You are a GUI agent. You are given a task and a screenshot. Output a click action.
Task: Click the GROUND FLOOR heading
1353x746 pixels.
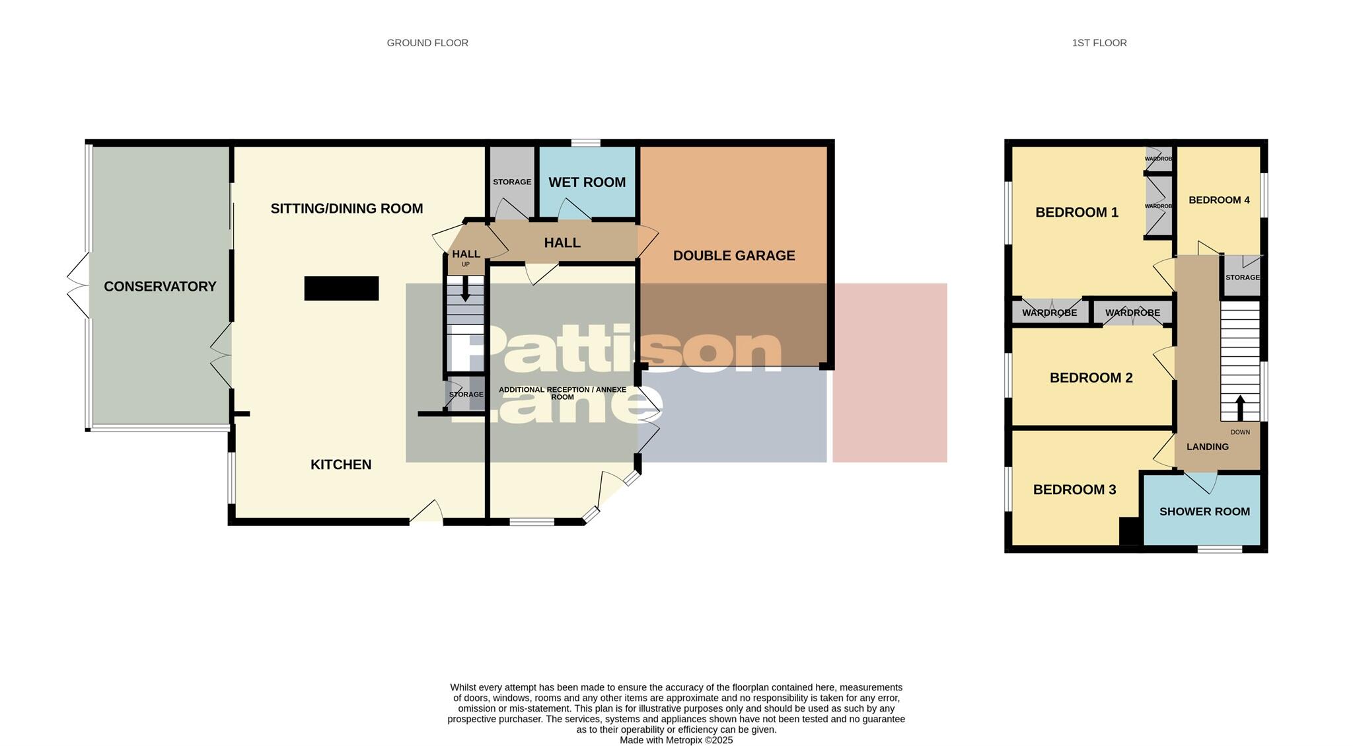[x=427, y=43]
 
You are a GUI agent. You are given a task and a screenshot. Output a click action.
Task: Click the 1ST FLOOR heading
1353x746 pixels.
[x=1099, y=43]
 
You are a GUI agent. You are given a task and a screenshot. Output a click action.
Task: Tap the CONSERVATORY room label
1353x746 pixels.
[x=160, y=286]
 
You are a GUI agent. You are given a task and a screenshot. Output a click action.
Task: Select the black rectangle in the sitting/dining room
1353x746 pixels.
[x=341, y=288]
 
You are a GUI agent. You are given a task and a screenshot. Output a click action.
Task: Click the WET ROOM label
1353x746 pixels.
[x=587, y=182]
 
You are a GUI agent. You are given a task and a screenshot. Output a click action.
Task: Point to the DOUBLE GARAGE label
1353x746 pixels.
[x=733, y=256]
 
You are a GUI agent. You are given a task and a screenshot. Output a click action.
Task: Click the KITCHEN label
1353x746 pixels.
[x=341, y=465]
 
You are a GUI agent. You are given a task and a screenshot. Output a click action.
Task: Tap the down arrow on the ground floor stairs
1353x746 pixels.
[x=466, y=289]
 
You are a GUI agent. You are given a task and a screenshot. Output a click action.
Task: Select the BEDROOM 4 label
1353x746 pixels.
[x=1219, y=200]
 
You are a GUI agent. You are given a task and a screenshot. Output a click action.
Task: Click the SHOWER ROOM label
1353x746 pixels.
[x=1204, y=511]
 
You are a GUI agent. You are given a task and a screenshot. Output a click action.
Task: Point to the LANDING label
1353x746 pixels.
[x=1207, y=447]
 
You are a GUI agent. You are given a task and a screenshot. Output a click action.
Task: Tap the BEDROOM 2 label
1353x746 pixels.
[x=1091, y=378]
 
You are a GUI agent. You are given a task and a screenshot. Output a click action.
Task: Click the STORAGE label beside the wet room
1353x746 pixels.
[x=512, y=182]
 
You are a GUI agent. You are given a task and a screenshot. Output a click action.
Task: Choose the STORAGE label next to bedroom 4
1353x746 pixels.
[x=1242, y=278]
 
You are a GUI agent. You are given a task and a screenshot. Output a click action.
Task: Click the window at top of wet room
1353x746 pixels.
[x=586, y=143]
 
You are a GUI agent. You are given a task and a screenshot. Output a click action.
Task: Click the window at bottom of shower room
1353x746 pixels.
[x=1220, y=548]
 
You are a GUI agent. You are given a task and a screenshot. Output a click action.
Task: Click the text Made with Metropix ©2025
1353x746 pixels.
[x=676, y=740]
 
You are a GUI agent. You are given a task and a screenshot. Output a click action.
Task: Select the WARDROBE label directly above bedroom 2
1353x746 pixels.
[x=1132, y=313]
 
